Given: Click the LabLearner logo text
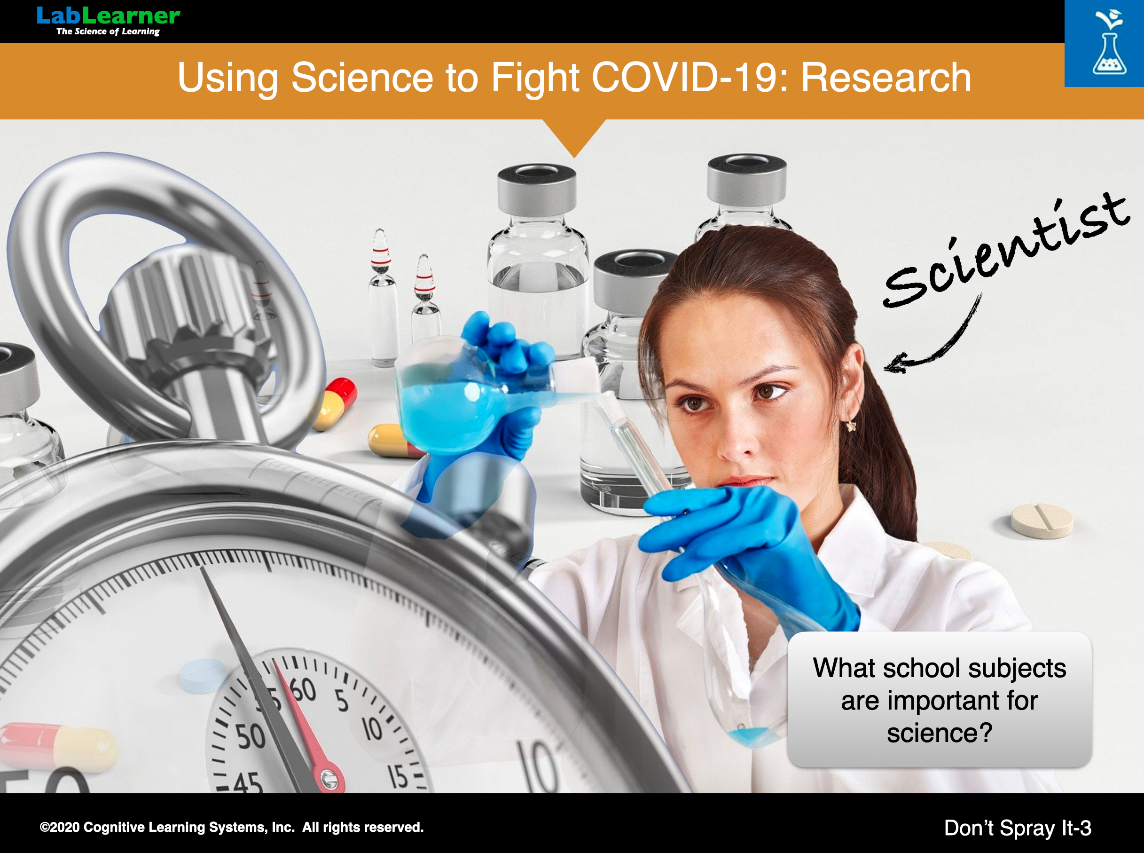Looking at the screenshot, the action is point(109,16).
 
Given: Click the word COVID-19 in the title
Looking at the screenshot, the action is point(690,78).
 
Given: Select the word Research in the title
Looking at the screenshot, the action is point(886,78).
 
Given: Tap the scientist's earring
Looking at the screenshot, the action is point(851,426).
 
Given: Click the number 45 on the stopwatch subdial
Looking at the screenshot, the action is point(248,783).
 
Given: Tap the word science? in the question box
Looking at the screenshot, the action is point(939,733).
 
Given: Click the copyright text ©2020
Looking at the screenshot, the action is point(60,827).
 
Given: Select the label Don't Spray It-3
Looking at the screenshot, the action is point(1018,828).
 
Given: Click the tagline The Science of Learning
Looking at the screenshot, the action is point(108,32).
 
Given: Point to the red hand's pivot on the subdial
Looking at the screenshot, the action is point(328,777).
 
